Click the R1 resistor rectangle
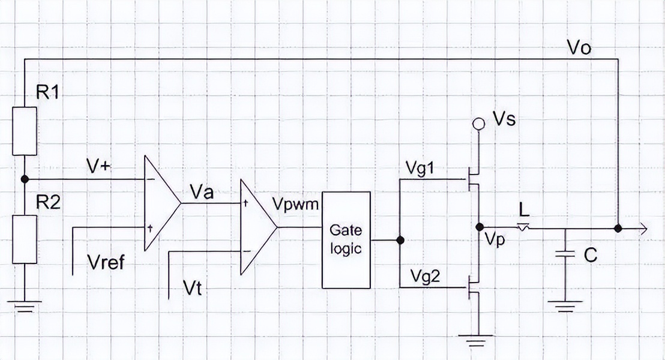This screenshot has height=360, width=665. pyautogui.click(x=25, y=130)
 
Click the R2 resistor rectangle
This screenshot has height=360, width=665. pyautogui.click(x=25, y=239)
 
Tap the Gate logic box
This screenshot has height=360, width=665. pyautogui.click(x=346, y=240)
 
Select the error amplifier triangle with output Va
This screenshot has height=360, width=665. pyautogui.click(x=160, y=203)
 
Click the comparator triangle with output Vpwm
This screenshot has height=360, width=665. pyautogui.click(x=257, y=227)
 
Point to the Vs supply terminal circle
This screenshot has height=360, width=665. pyautogui.click(x=478, y=124)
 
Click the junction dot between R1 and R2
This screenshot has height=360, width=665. pyautogui.click(x=25, y=179)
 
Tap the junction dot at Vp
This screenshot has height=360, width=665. pyautogui.click(x=480, y=227)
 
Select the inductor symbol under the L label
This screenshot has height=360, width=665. pyautogui.click(x=524, y=227)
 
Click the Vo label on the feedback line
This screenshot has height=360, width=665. pyautogui.click(x=579, y=48)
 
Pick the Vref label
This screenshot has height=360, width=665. pyautogui.click(x=106, y=263)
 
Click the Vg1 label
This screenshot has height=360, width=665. pyautogui.click(x=424, y=169)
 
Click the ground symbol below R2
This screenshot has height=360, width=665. pyautogui.click(x=25, y=307)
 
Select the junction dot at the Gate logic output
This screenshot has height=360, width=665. pyautogui.click(x=400, y=240)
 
